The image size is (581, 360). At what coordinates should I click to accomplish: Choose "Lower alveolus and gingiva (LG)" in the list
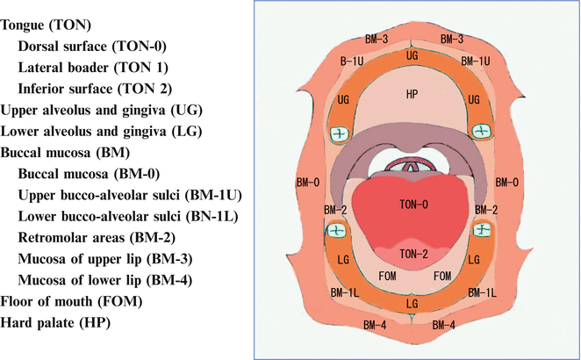[x=102, y=132]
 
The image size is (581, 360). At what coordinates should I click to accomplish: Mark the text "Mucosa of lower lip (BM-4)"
[x=105, y=280]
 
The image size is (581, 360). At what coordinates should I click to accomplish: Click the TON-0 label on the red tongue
[x=412, y=204]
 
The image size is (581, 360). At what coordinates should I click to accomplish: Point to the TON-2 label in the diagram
[x=412, y=253]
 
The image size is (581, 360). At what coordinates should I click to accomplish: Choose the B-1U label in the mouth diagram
[x=353, y=61]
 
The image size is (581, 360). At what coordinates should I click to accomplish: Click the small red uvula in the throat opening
[x=412, y=165]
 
